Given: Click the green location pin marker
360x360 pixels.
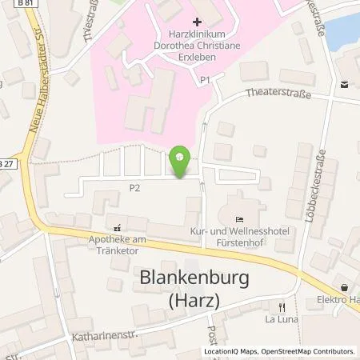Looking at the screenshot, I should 182,161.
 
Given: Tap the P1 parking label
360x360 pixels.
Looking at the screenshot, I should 205,80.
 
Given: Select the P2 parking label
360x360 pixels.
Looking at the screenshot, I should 134,189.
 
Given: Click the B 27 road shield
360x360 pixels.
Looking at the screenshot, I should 8,163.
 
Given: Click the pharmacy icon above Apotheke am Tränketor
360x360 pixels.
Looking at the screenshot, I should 118,227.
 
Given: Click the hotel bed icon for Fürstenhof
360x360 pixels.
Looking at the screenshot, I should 240,219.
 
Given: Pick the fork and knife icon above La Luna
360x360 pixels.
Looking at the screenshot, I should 281,306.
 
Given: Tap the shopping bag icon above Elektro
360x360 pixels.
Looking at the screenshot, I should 344,288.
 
